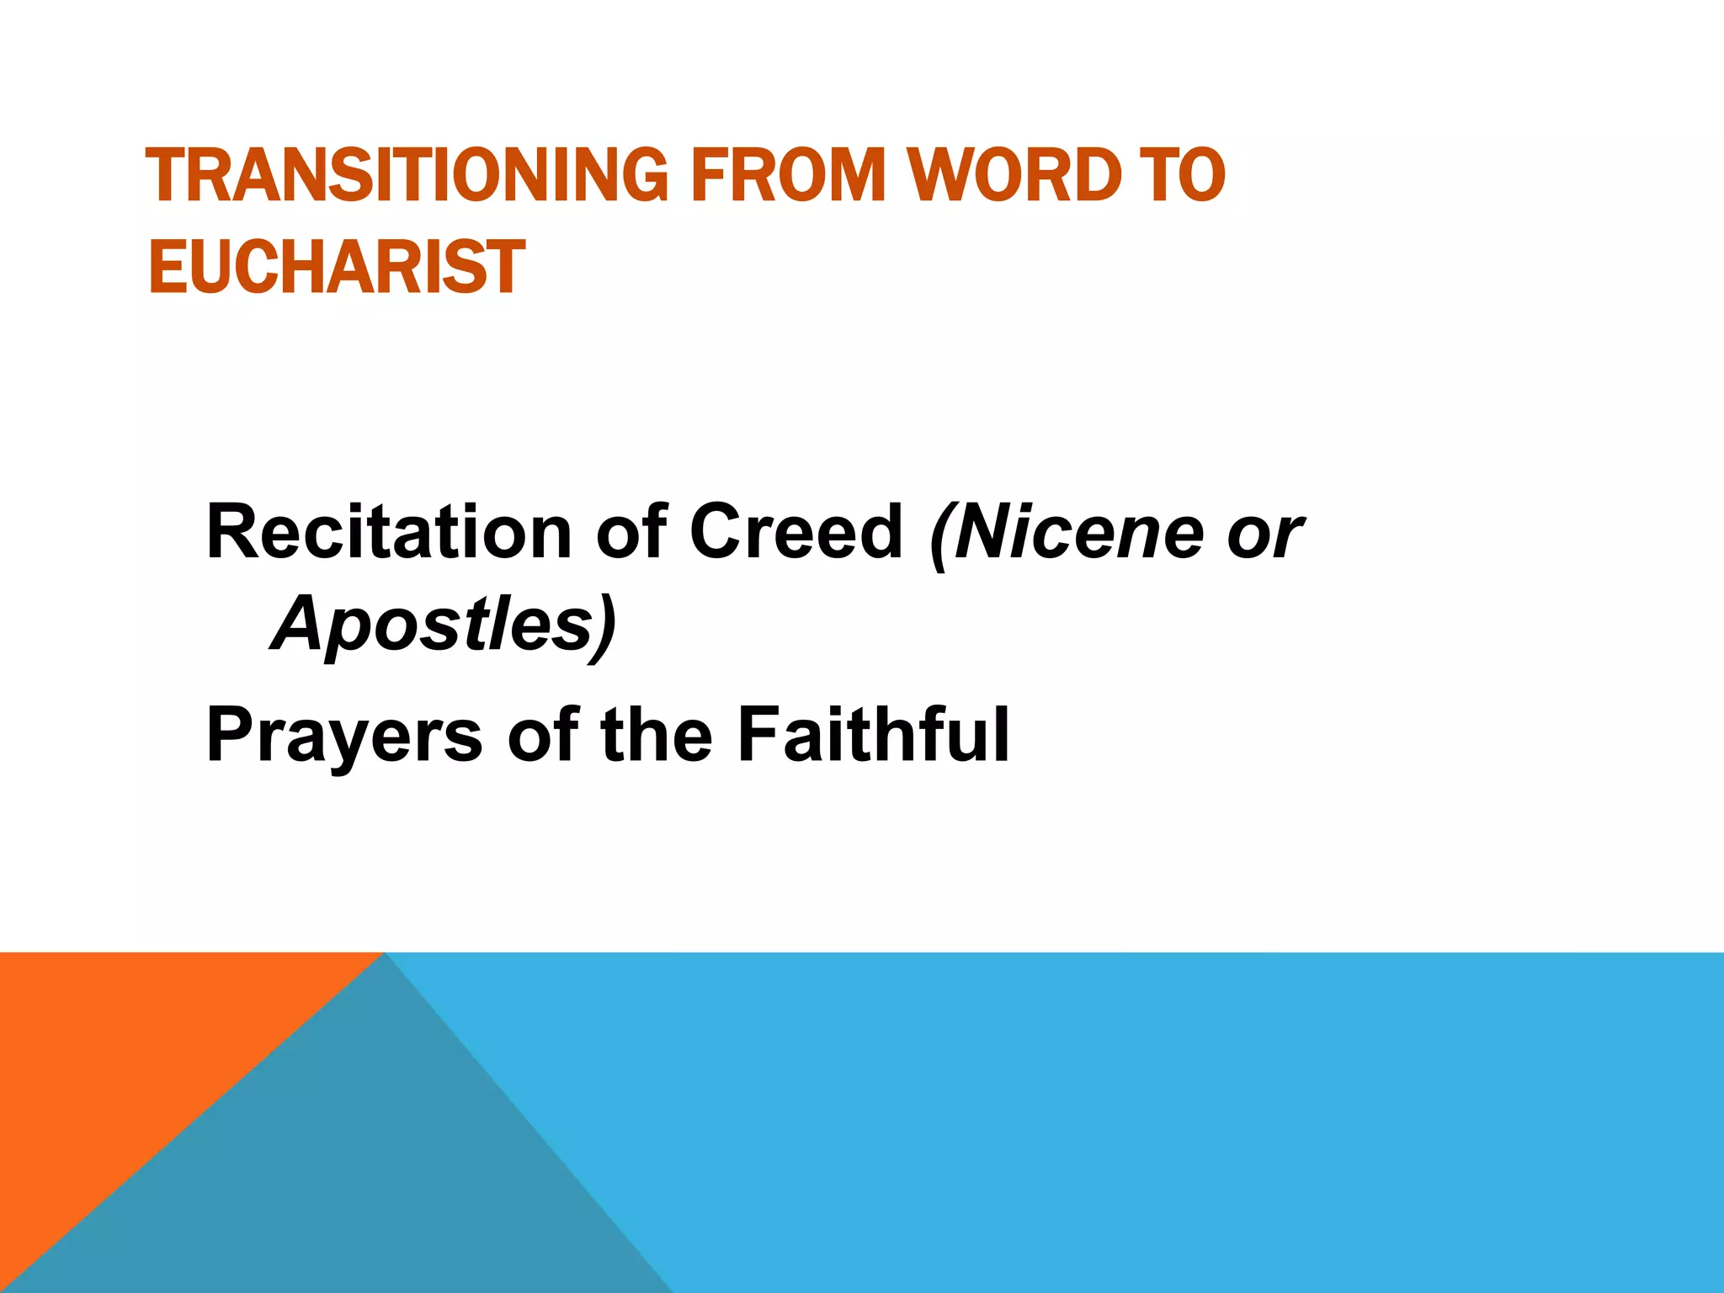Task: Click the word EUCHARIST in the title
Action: coord(337,267)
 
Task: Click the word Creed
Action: coord(795,532)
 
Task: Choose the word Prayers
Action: coord(344,736)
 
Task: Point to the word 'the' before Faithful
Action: coord(657,734)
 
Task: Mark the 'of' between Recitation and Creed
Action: coord(631,532)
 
